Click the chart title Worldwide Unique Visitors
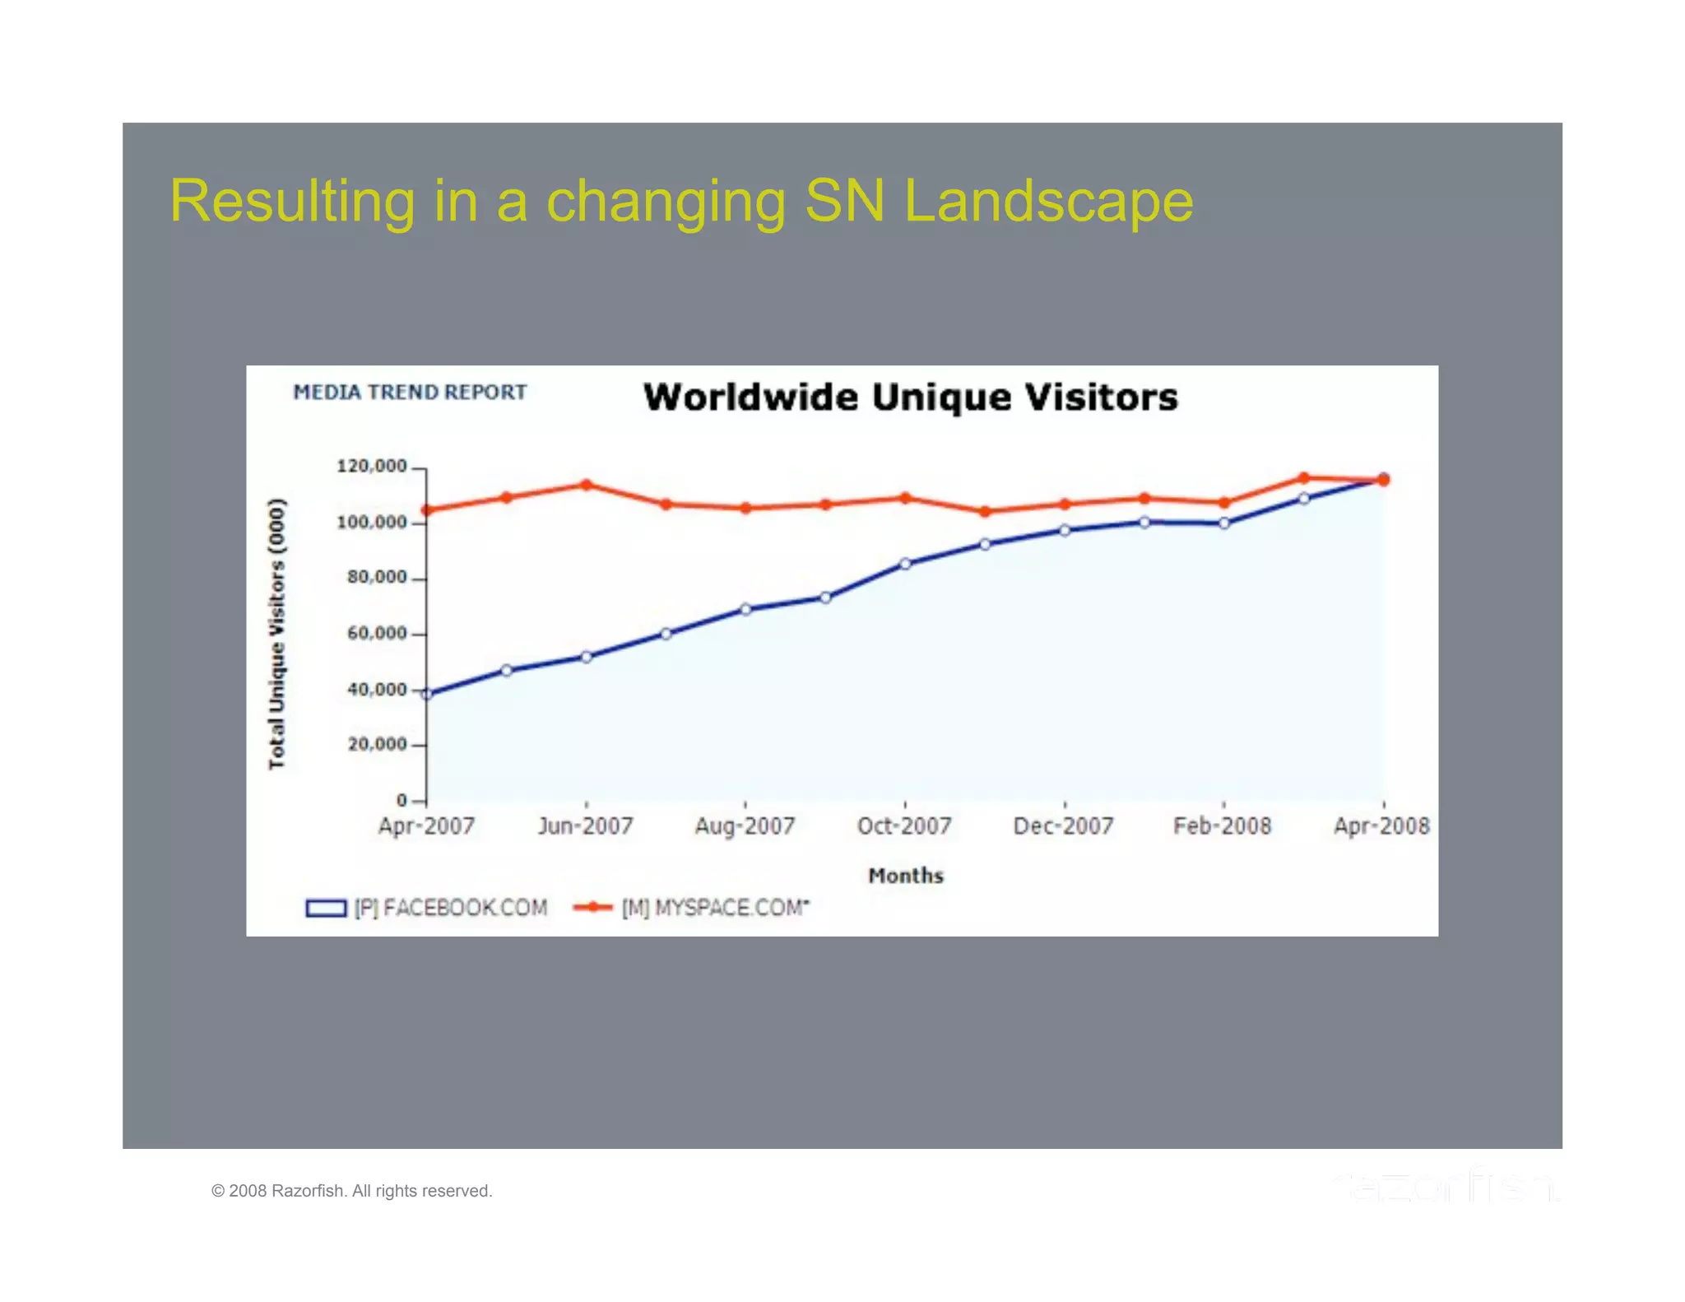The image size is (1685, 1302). (910, 398)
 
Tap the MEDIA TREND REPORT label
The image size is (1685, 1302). (410, 393)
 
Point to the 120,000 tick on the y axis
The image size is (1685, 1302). (372, 467)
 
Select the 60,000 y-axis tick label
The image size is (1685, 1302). (377, 634)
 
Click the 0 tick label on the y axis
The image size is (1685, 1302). (402, 800)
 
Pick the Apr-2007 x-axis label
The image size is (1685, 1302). (426, 826)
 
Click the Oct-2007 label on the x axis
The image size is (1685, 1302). (904, 826)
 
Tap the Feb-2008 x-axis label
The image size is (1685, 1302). (1223, 826)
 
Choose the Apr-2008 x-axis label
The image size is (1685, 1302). (1381, 826)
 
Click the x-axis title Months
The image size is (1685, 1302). (906, 876)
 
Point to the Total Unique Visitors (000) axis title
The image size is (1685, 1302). (277, 634)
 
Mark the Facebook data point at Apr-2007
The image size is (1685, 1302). (426, 695)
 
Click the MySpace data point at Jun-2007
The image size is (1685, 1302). (587, 485)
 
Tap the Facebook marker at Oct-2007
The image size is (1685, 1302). (905, 564)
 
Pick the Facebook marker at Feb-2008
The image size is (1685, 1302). (1224, 523)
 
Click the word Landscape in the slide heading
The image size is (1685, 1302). (1048, 201)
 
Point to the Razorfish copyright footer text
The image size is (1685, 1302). (351, 1191)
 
